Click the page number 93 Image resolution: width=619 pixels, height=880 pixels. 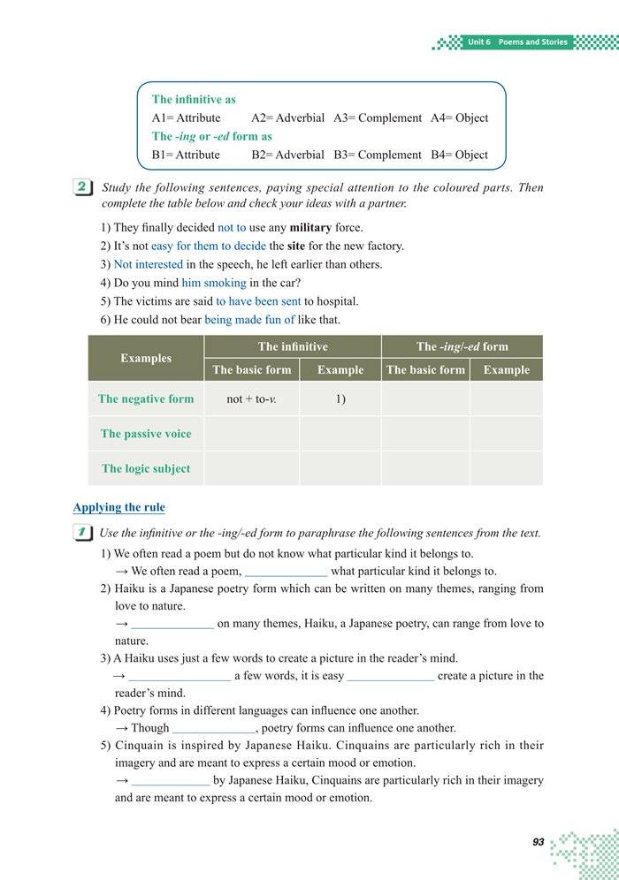[538, 842]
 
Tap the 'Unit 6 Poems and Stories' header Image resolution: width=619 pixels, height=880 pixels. [517, 42]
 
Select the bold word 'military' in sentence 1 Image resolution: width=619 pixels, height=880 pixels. [310, 227]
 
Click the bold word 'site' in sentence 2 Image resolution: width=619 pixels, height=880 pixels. [277, 246]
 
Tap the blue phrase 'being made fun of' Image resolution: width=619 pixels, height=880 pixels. [249, 320]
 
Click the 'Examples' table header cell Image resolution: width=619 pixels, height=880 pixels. [146, 358]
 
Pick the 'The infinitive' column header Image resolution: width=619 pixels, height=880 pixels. [293, 346]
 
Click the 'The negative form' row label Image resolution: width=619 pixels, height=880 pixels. [146, 398]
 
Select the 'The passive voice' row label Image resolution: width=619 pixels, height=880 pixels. [146, 434]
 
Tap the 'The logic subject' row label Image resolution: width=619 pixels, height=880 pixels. [146, 468]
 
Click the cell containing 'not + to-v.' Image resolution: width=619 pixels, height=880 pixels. [251, 398]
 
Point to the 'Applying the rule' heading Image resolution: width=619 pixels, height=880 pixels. [118, 507]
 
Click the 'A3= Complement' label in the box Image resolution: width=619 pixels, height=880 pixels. [378, 118]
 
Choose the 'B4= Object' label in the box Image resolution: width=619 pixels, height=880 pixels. [459, 155]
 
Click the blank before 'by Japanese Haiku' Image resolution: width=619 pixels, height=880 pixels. [171, 781]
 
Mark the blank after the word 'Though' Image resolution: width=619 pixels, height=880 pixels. [213, 729]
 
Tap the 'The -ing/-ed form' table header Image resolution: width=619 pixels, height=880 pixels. [462, 346]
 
